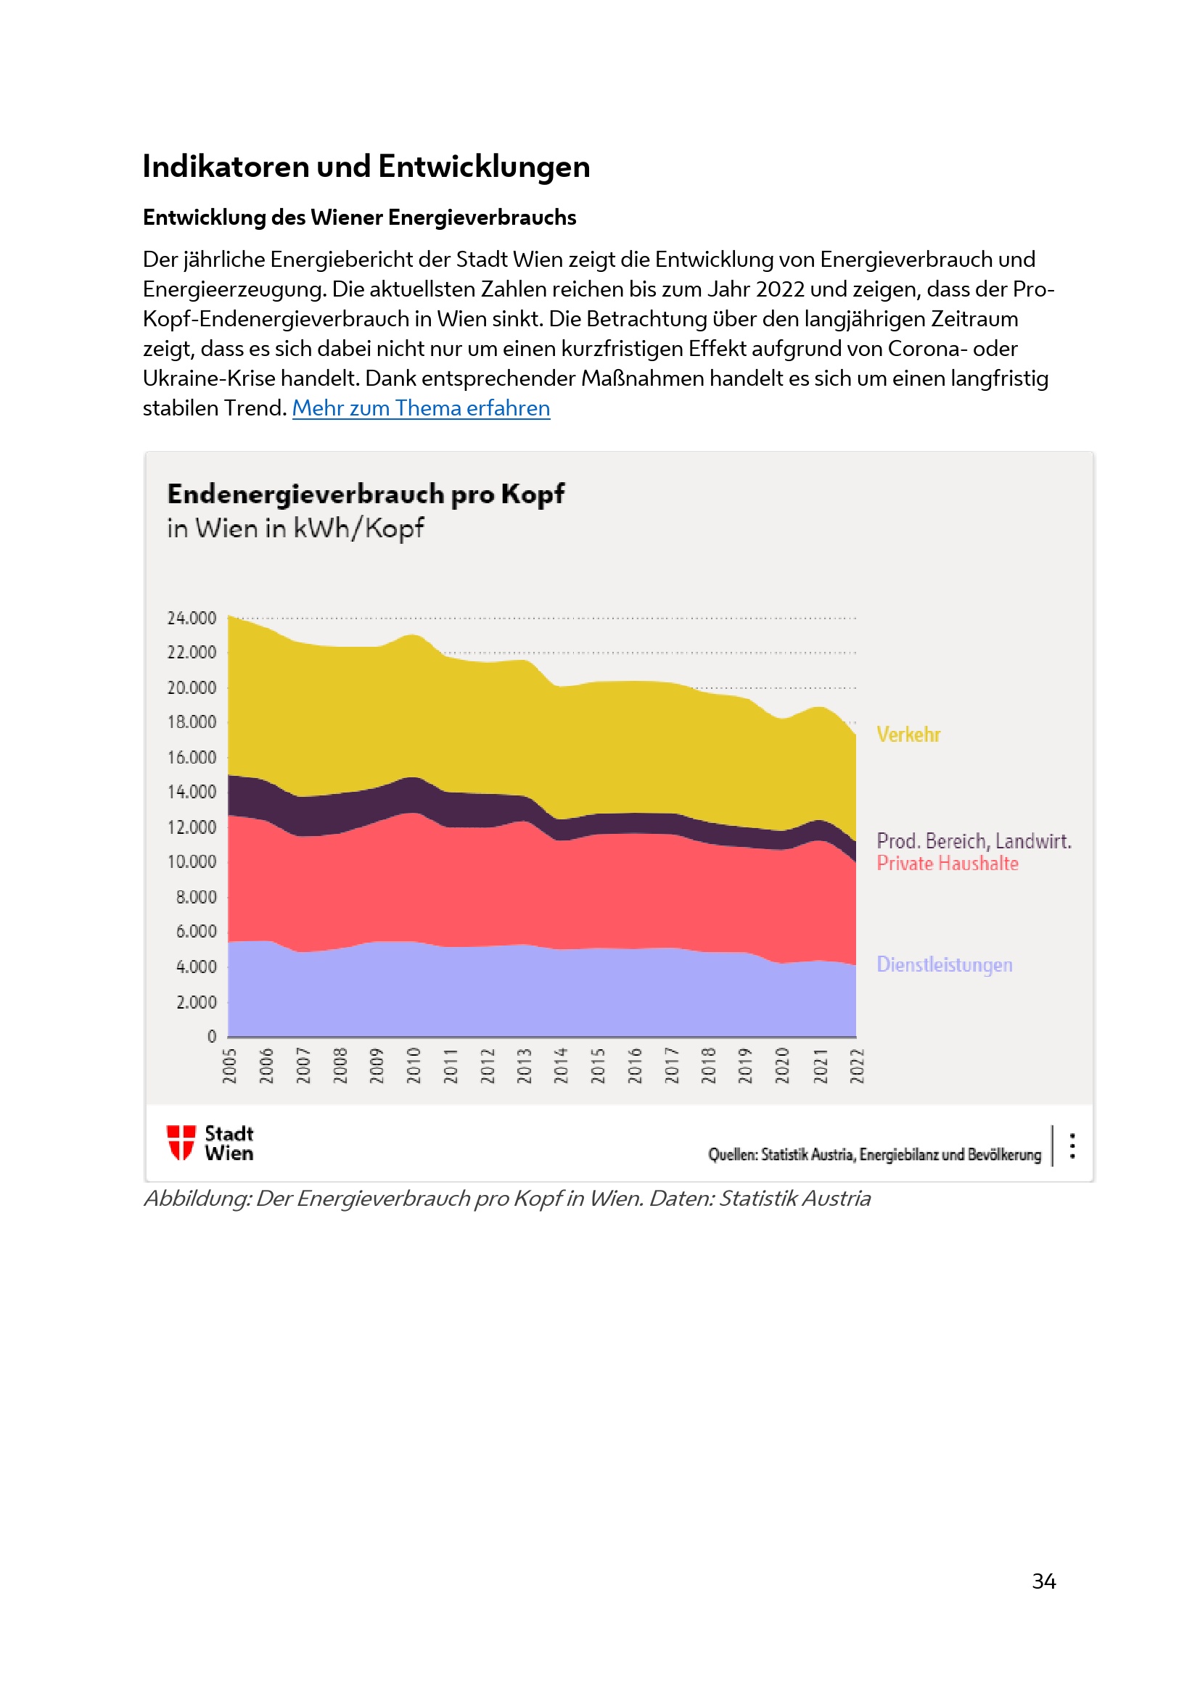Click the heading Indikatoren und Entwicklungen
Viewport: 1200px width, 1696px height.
pyautogui.click(x=366, y=166)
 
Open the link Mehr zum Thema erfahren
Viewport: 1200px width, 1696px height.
pyautogui.click(x=421, y=408)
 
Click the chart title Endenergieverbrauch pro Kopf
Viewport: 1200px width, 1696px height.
pyautogui.click(x=365, y=494)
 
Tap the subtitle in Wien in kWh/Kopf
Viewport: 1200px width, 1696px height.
pyautogui.click(x=295, y=528)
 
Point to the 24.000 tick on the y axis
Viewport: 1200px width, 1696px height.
pyautogui.click(x=192, y=618)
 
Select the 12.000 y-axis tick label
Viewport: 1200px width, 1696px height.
pyautogui.click(x=192, y=827)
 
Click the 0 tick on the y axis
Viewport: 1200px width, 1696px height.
pyautogui.click(x=212, y=1036)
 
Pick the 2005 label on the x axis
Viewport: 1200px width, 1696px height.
pyautogui.click(x=229, y=1065)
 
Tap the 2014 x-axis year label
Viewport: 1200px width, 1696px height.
pyautogui.click(x=561, y=1065)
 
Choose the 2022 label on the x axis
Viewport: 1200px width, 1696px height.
pyautogui.click(x=856, y=1065)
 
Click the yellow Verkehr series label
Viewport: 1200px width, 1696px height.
pyautogui.click(x=908, y=735)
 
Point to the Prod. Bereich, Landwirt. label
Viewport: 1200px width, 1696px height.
pyautogui.click(x=973, y=840)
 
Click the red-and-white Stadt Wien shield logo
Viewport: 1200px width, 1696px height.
pyautogui.click(x=181, y=1143)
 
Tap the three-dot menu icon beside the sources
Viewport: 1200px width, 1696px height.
pyautogui.click(x=1072, y=1146)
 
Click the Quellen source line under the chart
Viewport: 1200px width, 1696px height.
pyautogui.click(x=874, y=1154)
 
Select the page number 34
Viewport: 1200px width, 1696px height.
pyautogui.click(x=1043, y=1581)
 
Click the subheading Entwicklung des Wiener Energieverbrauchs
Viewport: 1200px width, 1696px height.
pyautogui.click(x=359, y=218)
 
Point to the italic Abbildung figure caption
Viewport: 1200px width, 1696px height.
pyautogui.click(x=507, y=1198)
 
